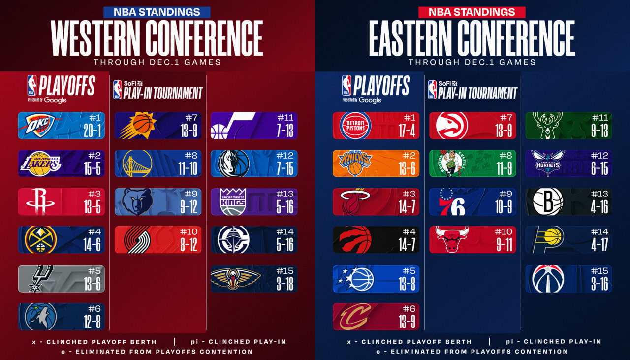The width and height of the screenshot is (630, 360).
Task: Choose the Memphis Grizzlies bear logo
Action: click(137, 201)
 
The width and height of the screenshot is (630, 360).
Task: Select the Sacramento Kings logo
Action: click(233, 201)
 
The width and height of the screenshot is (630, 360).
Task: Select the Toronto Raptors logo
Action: click(355, 240)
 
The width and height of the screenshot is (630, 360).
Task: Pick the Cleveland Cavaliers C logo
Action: click(355, 316)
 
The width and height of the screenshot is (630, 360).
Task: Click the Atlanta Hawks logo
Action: click(452, 126)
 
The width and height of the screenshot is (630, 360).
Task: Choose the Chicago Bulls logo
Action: click(451, 240)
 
